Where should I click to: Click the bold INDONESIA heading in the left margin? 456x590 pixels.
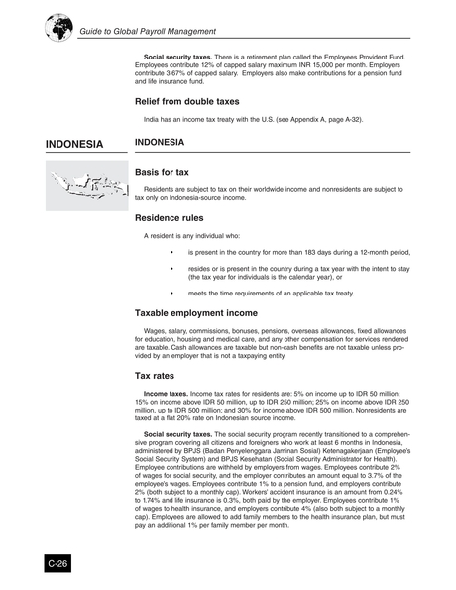click(74, 145)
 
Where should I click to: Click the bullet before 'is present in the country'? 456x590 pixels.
click(174, 253)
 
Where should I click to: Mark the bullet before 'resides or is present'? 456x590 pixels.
click(174, 269)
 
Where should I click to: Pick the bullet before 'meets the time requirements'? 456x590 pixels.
click(174, 293)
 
